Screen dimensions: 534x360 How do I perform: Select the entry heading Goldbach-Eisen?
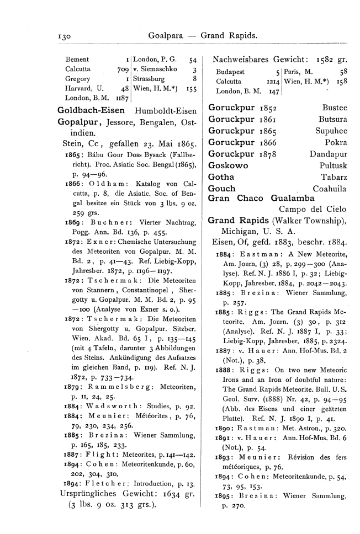(x=91, y=110)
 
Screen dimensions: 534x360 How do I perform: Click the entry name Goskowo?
(x=228, y=165)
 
